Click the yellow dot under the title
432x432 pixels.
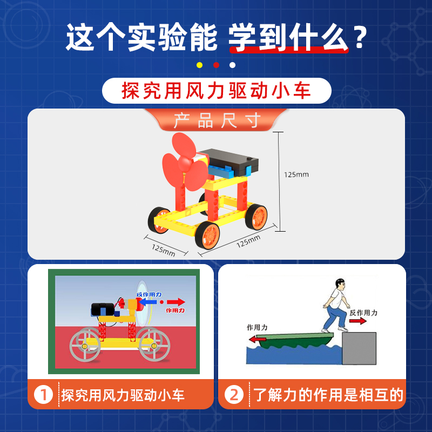click(199, 65)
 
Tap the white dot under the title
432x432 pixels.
click(232, 65)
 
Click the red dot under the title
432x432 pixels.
click(216, 65)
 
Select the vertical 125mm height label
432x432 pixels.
click(296, 174)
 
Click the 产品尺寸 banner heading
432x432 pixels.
click(217, 120)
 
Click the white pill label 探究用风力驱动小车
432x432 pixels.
click(217, 90)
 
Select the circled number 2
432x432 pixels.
click(234, 395)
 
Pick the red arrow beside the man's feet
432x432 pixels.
click(356, 321)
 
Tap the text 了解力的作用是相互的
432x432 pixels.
click(328, 395)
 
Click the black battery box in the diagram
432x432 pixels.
click(103, 309)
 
